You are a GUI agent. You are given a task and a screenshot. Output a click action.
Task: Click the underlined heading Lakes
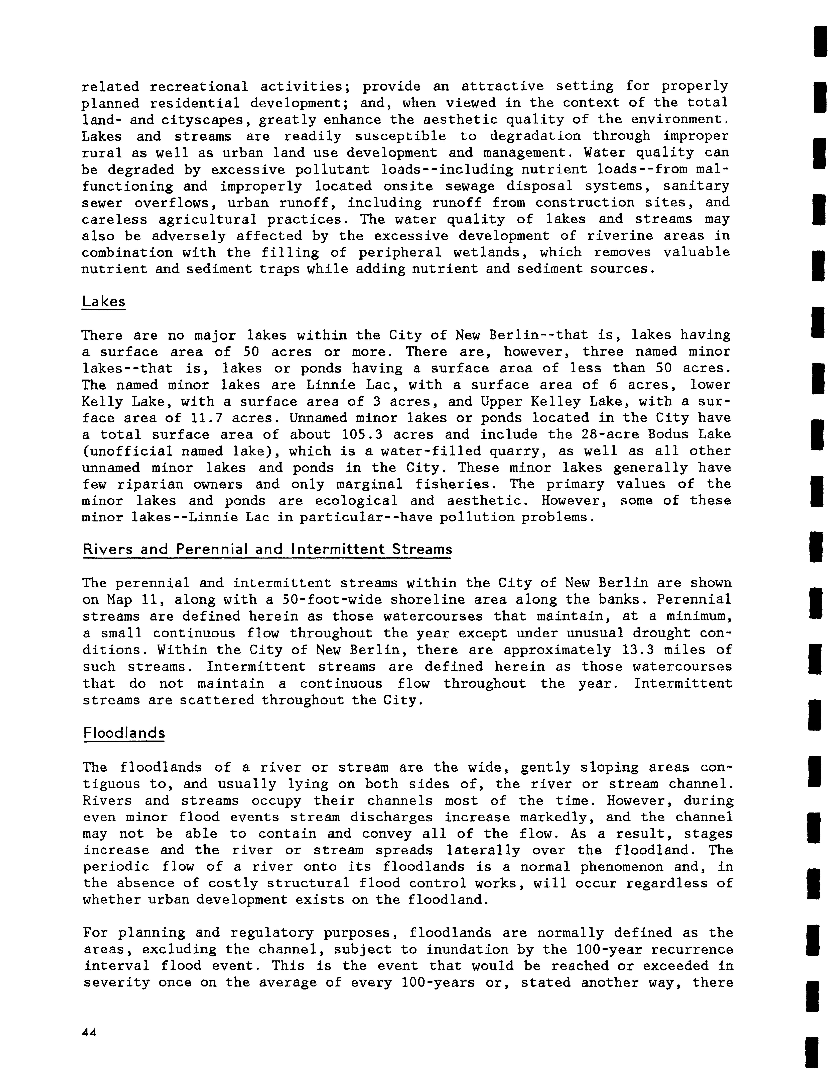tap(103, 302)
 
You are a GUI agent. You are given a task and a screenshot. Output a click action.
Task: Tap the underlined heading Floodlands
tap(124, 733)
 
